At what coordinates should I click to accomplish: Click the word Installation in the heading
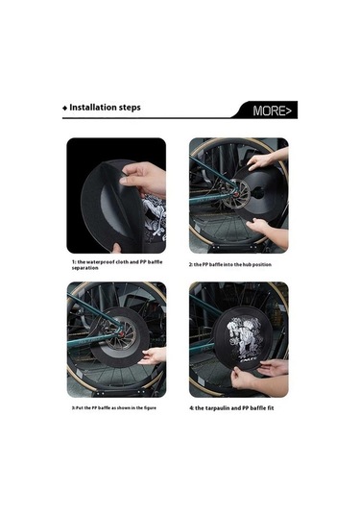pos(93,108)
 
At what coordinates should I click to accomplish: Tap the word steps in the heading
pos(130,108)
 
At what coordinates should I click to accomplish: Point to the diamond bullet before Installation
pos(64,109)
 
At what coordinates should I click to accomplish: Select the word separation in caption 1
pos(84,268)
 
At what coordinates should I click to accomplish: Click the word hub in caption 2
pos(247,264)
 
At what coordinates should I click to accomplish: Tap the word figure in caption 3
pos(149,407)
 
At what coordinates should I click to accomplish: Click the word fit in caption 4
pos(271,407)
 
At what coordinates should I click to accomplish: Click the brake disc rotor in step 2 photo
pos(236,194)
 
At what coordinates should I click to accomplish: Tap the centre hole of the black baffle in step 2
pos(258,193)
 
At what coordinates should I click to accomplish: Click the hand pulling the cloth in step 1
pos(144,180)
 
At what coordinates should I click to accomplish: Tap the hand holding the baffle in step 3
pos(153,355)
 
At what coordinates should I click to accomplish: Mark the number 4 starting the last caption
pos(192,408)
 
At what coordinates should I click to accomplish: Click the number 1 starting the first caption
pos(74,262)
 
